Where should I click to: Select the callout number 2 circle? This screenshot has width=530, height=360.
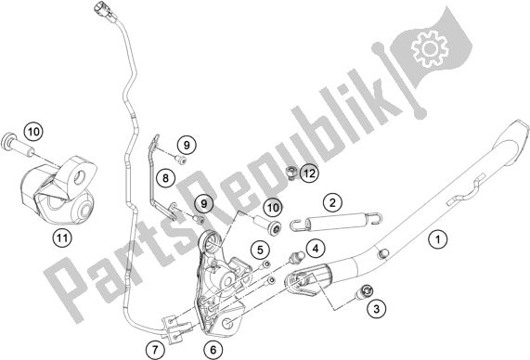[330, 201]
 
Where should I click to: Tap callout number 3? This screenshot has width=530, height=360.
[375, 307]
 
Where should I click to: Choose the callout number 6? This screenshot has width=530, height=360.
[214, 349]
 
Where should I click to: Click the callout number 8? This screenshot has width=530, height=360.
[162, 176]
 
